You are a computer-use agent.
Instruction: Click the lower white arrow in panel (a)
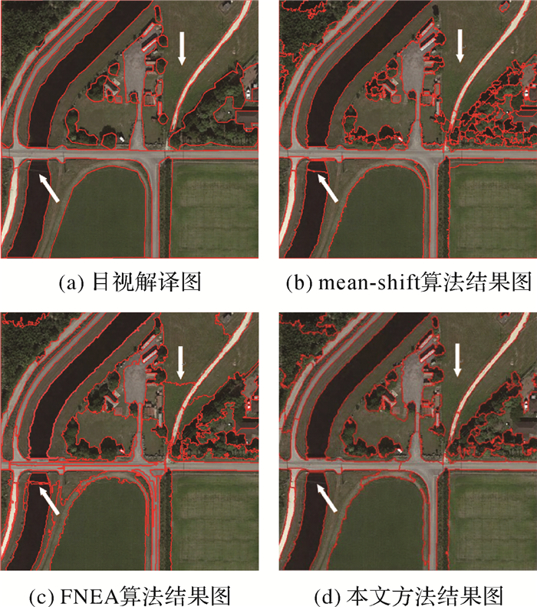(48, 186)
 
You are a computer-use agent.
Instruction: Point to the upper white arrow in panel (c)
(180, 361)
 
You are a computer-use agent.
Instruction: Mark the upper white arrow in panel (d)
(459, 359)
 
